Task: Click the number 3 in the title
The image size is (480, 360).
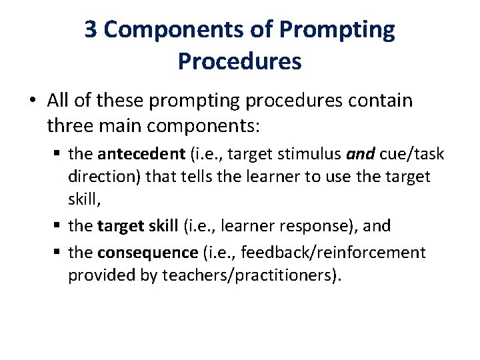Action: point(92,30)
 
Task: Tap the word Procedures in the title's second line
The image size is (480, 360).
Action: point(239,61)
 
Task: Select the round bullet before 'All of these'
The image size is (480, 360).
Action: point(33,101)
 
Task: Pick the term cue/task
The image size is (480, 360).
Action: point(412,155)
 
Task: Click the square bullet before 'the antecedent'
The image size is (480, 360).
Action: point(59,155)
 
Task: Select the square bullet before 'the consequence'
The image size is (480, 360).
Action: point(59,253)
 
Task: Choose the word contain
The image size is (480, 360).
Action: point(382,101)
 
